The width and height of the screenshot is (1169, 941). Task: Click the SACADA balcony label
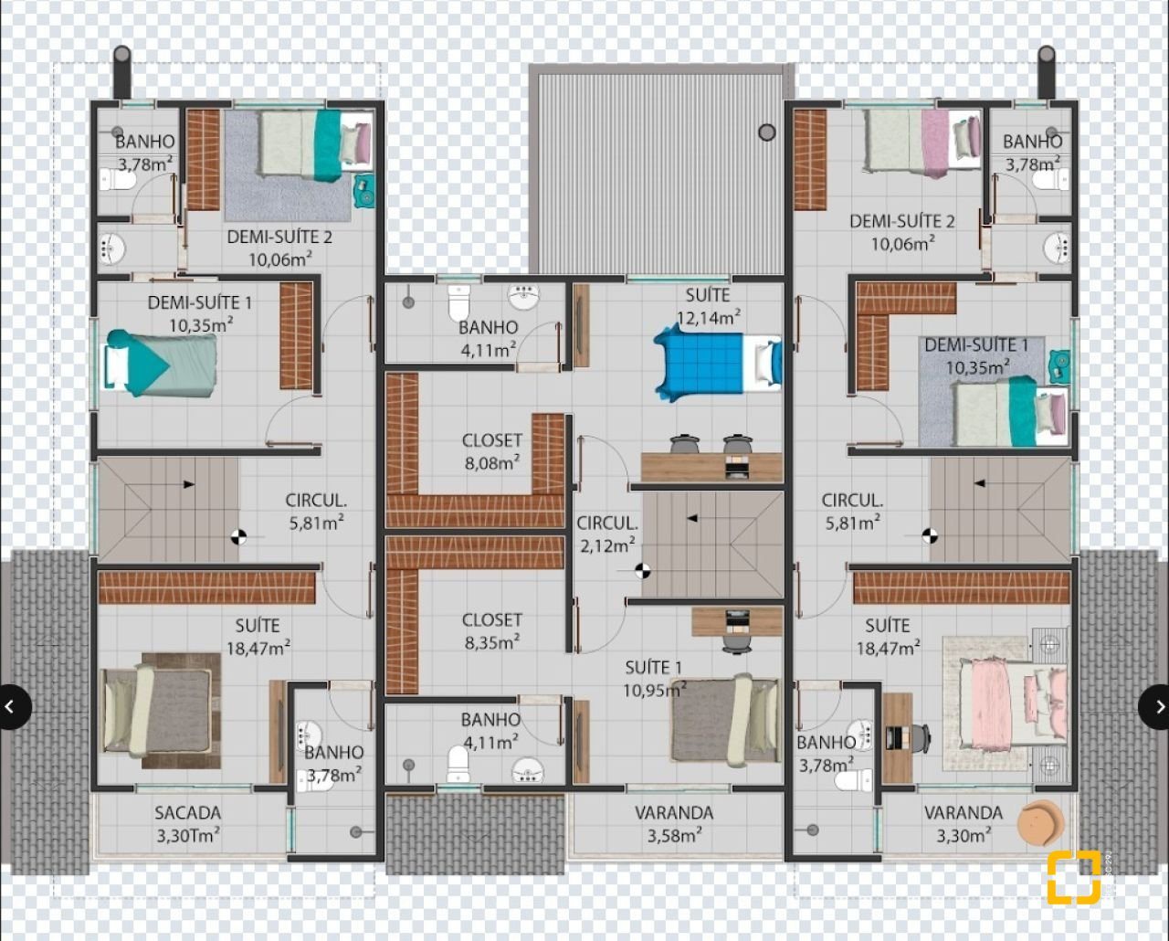pos(187,813)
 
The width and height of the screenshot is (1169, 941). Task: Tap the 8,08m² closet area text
pos(492,462)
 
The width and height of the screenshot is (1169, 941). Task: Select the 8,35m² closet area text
pos(492,642)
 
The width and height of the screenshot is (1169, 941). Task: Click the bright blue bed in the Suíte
pos(718,362)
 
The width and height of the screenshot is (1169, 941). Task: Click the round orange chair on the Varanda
pos(1040,823)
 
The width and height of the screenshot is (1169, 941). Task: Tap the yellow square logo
pos(1074,878)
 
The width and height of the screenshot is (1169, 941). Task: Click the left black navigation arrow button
pos(14,707)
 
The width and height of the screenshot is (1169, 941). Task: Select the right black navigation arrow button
pos(1153,707)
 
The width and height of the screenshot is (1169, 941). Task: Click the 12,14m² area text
pos(709,317)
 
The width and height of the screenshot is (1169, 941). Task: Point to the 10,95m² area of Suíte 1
pos(655,691)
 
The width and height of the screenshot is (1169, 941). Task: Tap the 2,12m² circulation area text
pos(607,545)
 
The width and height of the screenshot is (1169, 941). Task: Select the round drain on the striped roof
pos(766,132)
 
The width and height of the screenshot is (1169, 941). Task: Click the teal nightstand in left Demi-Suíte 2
pos(364,190)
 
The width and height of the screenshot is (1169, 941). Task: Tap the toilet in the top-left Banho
pos(117,180)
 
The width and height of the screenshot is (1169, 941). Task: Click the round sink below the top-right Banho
pos(1057,248)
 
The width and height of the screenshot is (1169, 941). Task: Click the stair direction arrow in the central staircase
pos(692,519)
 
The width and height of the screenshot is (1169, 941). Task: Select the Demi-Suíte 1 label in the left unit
pos(200,302)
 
